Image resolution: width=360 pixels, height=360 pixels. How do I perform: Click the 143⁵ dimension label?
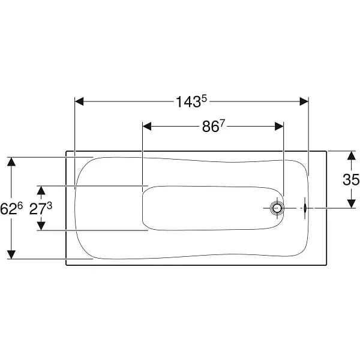point(191,101)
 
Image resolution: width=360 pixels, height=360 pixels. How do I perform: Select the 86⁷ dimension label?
point(213,126)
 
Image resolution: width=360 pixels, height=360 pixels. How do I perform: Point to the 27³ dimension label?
point(41,208)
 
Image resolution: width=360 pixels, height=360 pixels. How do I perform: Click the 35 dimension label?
point(351,179)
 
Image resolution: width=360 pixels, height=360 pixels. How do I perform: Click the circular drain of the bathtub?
point(277,208)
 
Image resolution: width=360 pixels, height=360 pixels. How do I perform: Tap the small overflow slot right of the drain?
point(305,208)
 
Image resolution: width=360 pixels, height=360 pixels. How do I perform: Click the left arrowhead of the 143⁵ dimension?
point(79,101)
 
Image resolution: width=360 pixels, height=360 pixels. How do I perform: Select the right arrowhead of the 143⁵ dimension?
point(304,101)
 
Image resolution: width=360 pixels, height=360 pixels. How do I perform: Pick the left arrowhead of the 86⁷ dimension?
point(147,126)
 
